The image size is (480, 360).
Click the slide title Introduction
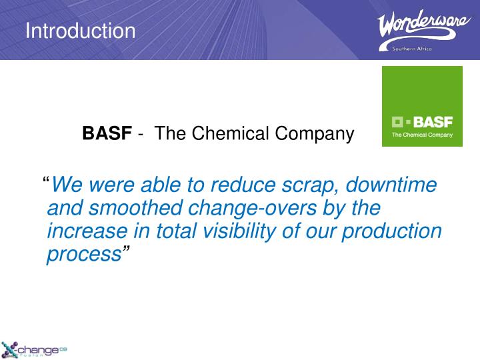80,31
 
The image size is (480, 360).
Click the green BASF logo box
421,106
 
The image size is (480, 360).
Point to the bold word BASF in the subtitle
107,134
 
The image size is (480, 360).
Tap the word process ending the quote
84,255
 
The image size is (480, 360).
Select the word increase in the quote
85,231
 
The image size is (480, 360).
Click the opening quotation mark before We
46,182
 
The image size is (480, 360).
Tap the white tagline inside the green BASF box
421,135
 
